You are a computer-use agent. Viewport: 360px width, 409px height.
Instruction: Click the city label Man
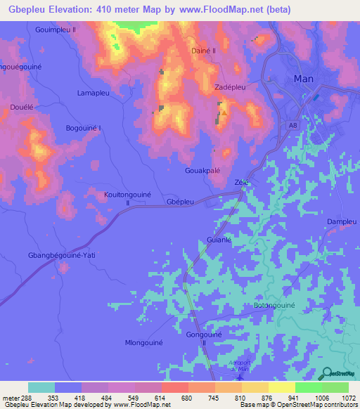click(304, 79)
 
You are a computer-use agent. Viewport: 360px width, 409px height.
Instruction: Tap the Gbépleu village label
click(179, 202)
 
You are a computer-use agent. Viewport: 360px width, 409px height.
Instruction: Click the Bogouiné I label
click(84, 128)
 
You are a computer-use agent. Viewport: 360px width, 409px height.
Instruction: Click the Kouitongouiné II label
click(127, 197)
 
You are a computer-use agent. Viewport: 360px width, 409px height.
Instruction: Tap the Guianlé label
click(219, 240)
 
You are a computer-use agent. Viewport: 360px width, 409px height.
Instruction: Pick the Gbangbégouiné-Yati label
click(61, 255)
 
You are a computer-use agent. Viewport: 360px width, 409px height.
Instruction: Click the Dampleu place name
click(342, 222)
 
